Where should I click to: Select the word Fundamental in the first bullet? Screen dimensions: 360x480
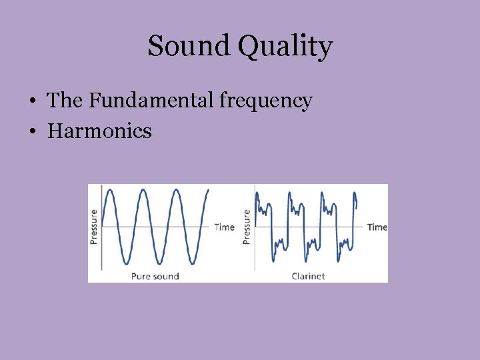pos(153,101)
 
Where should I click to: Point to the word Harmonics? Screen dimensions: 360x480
pos(99,131)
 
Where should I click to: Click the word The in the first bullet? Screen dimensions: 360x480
pos(65,101)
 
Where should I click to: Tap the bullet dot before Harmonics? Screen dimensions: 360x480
pos(33,131)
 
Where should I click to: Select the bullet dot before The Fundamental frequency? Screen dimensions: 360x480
pos(33,101)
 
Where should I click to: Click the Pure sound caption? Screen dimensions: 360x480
pos(155,275)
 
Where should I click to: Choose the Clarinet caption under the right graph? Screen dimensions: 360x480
pos(308,275)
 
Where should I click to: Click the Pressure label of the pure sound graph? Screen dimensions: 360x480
pos(93,227)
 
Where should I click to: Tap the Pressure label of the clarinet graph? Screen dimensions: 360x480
pos(247,227)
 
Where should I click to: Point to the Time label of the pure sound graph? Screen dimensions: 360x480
pos(224,227)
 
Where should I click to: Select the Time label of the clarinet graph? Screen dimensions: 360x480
pos(377,227)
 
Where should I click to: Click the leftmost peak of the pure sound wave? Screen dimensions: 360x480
pos(111,190)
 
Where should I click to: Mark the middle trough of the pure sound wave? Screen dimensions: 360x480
pos(159,263)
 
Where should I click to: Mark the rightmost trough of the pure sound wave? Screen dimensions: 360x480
pos(191,263)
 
